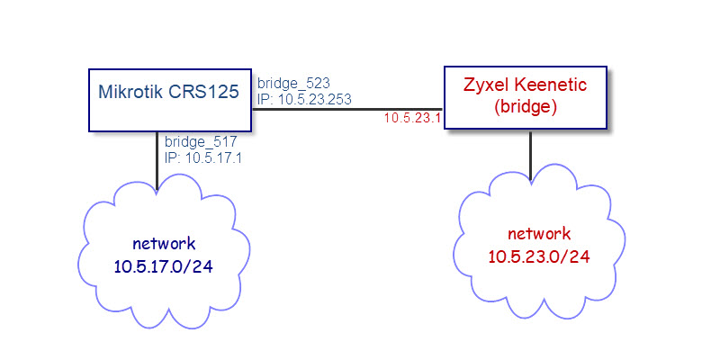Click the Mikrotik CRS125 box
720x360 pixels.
coord(168,99)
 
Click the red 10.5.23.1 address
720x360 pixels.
coord(413,118)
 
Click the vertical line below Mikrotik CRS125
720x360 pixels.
coord(157,162)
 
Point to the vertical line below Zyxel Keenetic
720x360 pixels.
coord(530,157)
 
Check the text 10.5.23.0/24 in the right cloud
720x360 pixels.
coord(539,256)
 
